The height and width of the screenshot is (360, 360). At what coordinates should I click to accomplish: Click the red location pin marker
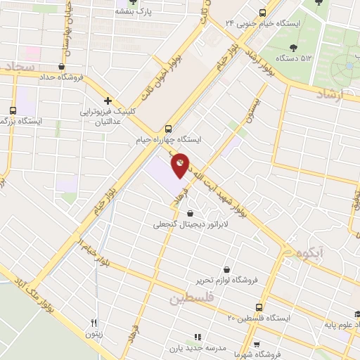pyautogui.click(x=181, y=165)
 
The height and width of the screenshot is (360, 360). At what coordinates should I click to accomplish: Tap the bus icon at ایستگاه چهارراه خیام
pyautogui.click(x=167, y=129)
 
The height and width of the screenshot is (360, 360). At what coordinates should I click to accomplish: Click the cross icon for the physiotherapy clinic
pyautogui.click(x=108, y=101)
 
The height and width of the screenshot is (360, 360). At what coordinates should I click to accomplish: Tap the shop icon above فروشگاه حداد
pyautogui.click(x=63, y=67)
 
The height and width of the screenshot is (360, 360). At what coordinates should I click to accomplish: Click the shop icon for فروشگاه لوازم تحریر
pyautogui.click(x=226, y=269)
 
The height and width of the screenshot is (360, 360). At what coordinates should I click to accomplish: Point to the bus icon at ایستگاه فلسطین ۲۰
pyautogui.click(x=259, y=307)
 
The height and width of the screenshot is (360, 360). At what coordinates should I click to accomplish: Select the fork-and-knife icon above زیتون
pyautogui.click(x=94, y=323)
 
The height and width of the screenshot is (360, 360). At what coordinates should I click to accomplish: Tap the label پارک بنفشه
pyautogui.click(x=137, y=12)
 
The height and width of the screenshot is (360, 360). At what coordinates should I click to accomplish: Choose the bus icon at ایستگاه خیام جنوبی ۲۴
pyautogui.click(x=262, y=12)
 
